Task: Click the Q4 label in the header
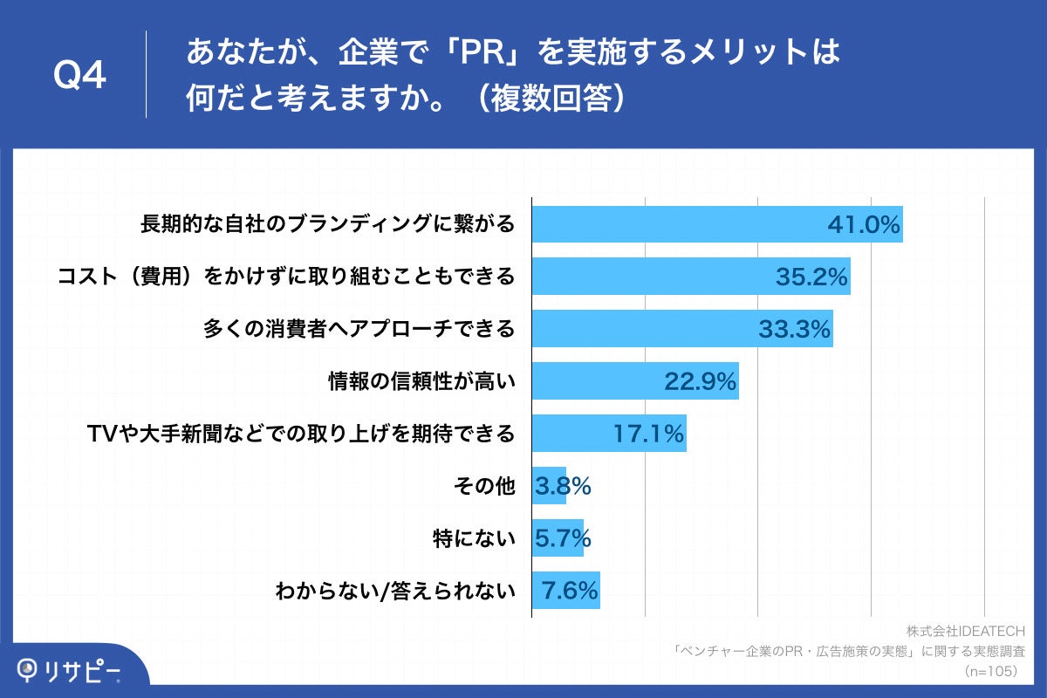(x=80, y=76)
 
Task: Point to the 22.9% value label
(x=701, y=381)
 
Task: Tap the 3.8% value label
(x=563, y=486)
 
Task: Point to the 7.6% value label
(x=570, y=591)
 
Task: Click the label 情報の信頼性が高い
(x=421, y=381)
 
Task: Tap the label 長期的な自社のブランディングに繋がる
(x=327, y=225)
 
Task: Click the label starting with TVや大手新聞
(x=301, y=433)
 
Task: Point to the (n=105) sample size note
(x=993, y=671)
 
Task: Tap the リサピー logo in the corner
(x=70, y=670)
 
